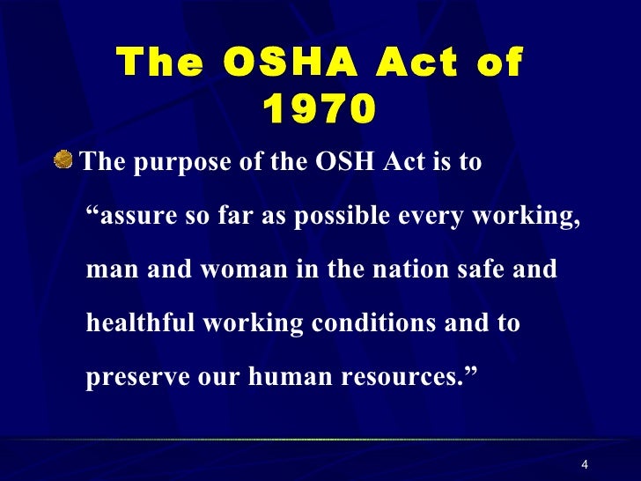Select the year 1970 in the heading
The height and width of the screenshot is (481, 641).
tap(319, 110)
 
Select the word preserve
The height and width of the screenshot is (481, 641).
tap(136, 376)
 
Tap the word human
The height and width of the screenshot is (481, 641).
tap(286, 376)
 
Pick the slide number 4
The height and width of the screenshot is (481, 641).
tap(585, 466)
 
